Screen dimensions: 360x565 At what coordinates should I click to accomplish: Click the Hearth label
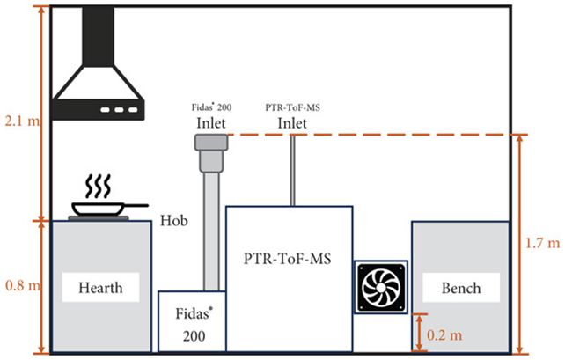click(x=99, y=288)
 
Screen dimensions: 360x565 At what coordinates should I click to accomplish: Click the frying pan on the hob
click(x=98, y=209)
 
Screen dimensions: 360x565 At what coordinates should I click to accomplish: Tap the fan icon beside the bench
click(x=380, y=287)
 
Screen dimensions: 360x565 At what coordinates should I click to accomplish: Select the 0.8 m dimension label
click(x=19, y=286)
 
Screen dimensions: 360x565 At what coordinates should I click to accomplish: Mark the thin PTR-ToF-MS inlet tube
click(x=292, y=172)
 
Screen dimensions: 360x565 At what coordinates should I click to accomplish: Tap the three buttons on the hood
click(x=112, y=111)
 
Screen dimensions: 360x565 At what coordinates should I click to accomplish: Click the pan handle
click(x=136, y=206)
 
